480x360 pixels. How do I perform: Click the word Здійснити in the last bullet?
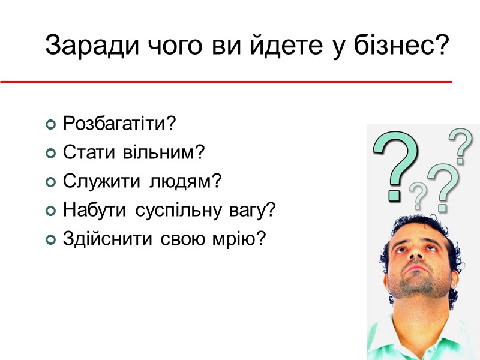click(99, 239)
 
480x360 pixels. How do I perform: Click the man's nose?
click(415, 256)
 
